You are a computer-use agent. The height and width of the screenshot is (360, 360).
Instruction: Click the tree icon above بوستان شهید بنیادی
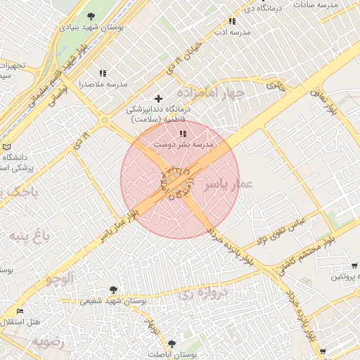91,15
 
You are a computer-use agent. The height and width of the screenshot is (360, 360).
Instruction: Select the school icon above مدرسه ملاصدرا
103,73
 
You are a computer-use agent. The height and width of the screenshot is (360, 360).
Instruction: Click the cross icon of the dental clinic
158,98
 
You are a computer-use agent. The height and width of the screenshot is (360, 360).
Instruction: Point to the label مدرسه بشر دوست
184,144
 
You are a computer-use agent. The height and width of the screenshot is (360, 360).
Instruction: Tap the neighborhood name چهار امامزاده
210,93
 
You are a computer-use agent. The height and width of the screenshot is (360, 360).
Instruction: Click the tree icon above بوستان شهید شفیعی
112,289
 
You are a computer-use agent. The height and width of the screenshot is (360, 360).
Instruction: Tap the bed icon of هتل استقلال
20,311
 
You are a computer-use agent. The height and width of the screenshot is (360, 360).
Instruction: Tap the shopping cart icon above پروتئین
354,266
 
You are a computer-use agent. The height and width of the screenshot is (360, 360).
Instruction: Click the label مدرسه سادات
335,6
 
